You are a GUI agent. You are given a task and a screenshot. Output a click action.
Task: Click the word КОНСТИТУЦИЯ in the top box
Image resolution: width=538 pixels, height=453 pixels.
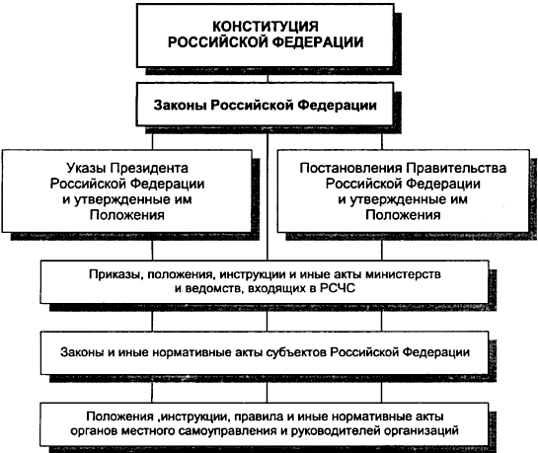click(x=266, y=27)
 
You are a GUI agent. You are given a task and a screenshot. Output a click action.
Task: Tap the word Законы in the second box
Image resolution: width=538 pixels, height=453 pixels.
click(x=180, y=105)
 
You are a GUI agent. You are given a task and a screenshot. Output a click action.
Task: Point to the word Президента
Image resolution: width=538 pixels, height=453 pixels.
click(x=149, y=169)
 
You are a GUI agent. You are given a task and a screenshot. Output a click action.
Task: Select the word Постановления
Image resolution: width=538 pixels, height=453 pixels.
click(x=350, y=168)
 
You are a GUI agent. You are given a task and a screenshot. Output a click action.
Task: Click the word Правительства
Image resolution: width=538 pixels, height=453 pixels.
click(x=456, y=168)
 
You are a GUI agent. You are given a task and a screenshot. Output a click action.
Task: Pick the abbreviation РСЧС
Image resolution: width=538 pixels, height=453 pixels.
click(x=337, y=288)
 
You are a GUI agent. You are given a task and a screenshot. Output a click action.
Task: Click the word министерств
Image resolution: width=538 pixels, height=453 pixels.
click(x=403, y=274)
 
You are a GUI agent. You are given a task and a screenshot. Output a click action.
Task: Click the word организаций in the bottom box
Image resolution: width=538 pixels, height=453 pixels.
click(x=422, y=430)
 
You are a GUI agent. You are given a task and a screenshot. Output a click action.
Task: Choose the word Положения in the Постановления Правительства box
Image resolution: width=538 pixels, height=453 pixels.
click(x=403, y=215)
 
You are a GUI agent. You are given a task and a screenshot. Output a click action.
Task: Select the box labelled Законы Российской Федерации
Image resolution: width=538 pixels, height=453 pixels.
click(x=265, y=105)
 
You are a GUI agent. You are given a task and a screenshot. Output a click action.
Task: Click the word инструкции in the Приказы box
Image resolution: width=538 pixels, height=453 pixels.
click(x=252, y=274)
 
